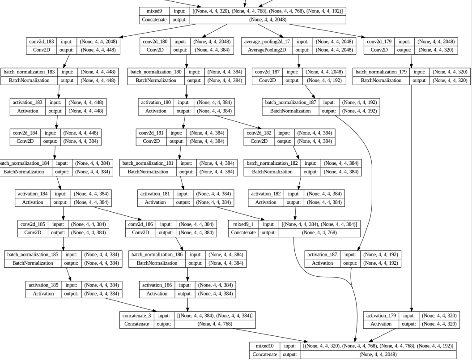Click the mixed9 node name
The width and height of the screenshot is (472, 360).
point(154,11)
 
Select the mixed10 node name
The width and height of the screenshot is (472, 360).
point(264,346)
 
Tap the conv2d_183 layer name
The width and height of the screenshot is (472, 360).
point(42,41)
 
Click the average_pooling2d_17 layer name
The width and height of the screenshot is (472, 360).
point(267,41)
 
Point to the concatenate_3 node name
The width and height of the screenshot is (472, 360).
point(136,315)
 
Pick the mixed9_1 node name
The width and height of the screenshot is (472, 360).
point(243,224)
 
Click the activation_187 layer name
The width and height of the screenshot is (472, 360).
point(322,254)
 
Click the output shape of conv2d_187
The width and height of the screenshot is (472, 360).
point(324,81)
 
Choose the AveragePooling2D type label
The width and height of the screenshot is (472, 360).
point(267,50)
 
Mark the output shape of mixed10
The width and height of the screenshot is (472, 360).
point(378,355)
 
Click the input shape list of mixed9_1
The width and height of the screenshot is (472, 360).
point(319,224)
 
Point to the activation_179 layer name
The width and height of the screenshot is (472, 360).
point(381,315)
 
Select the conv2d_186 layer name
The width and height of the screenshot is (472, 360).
point(140,224)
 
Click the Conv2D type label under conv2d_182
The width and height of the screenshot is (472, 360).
point(259,141)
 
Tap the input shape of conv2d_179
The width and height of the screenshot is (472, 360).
point(436,41)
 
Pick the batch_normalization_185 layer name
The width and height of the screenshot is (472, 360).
point(33,254)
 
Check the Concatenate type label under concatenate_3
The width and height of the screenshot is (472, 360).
point(136,324)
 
